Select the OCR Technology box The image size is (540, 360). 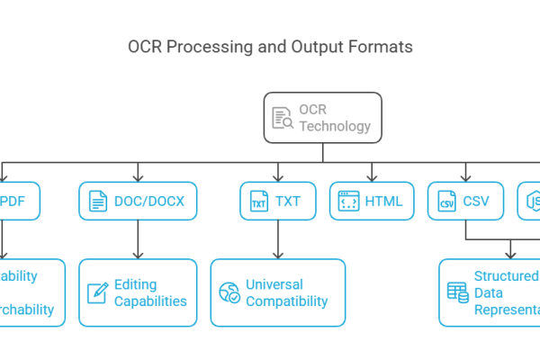click(322, 117)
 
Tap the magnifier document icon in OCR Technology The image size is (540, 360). click(283, 117)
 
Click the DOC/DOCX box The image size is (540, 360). click(138, 202)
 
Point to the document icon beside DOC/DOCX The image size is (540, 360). click(96, 202)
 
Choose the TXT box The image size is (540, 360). click(277, 202)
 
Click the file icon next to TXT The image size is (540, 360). click(257, 202)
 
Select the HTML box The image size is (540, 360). click(372, 202)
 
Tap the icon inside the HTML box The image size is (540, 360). click(348, 202)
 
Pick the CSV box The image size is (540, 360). click(465, 202)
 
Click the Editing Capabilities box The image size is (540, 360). click(138, 292)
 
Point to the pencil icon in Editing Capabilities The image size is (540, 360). click(97, 292)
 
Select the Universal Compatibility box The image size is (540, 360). click(277, 292)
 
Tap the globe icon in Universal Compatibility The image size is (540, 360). click(229, 292)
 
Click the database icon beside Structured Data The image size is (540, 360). click(457, 292)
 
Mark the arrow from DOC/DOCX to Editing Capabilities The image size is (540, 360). click(138, 241)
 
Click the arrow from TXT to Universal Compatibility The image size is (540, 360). click(277, 241)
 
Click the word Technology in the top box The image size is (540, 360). click(335, 126)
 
